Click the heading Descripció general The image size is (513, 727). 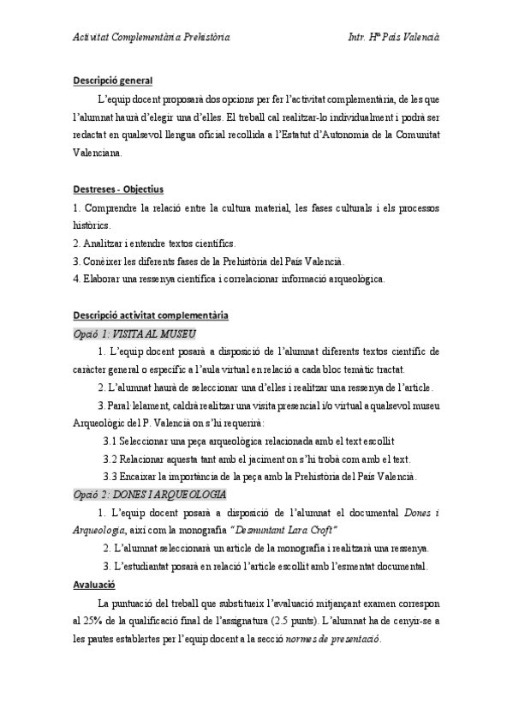[112, 81]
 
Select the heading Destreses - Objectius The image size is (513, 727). [118, 189]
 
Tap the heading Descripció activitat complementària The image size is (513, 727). [149, 315]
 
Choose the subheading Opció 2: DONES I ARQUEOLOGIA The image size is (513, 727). [149, 495]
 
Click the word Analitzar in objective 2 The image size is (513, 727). [100, 243]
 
